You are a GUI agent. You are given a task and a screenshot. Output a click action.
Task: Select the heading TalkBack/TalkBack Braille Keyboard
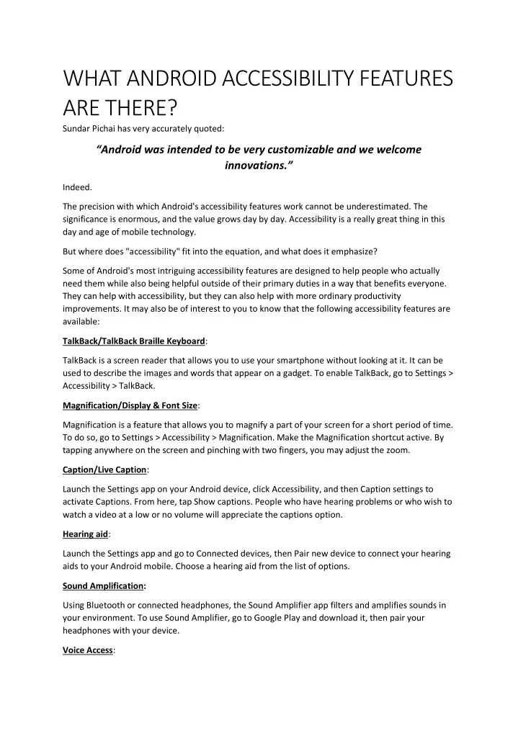click(134, 341)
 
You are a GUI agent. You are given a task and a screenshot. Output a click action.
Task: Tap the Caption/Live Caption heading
click(105, 469)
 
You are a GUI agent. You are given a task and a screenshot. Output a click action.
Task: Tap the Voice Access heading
click(88, 649)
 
